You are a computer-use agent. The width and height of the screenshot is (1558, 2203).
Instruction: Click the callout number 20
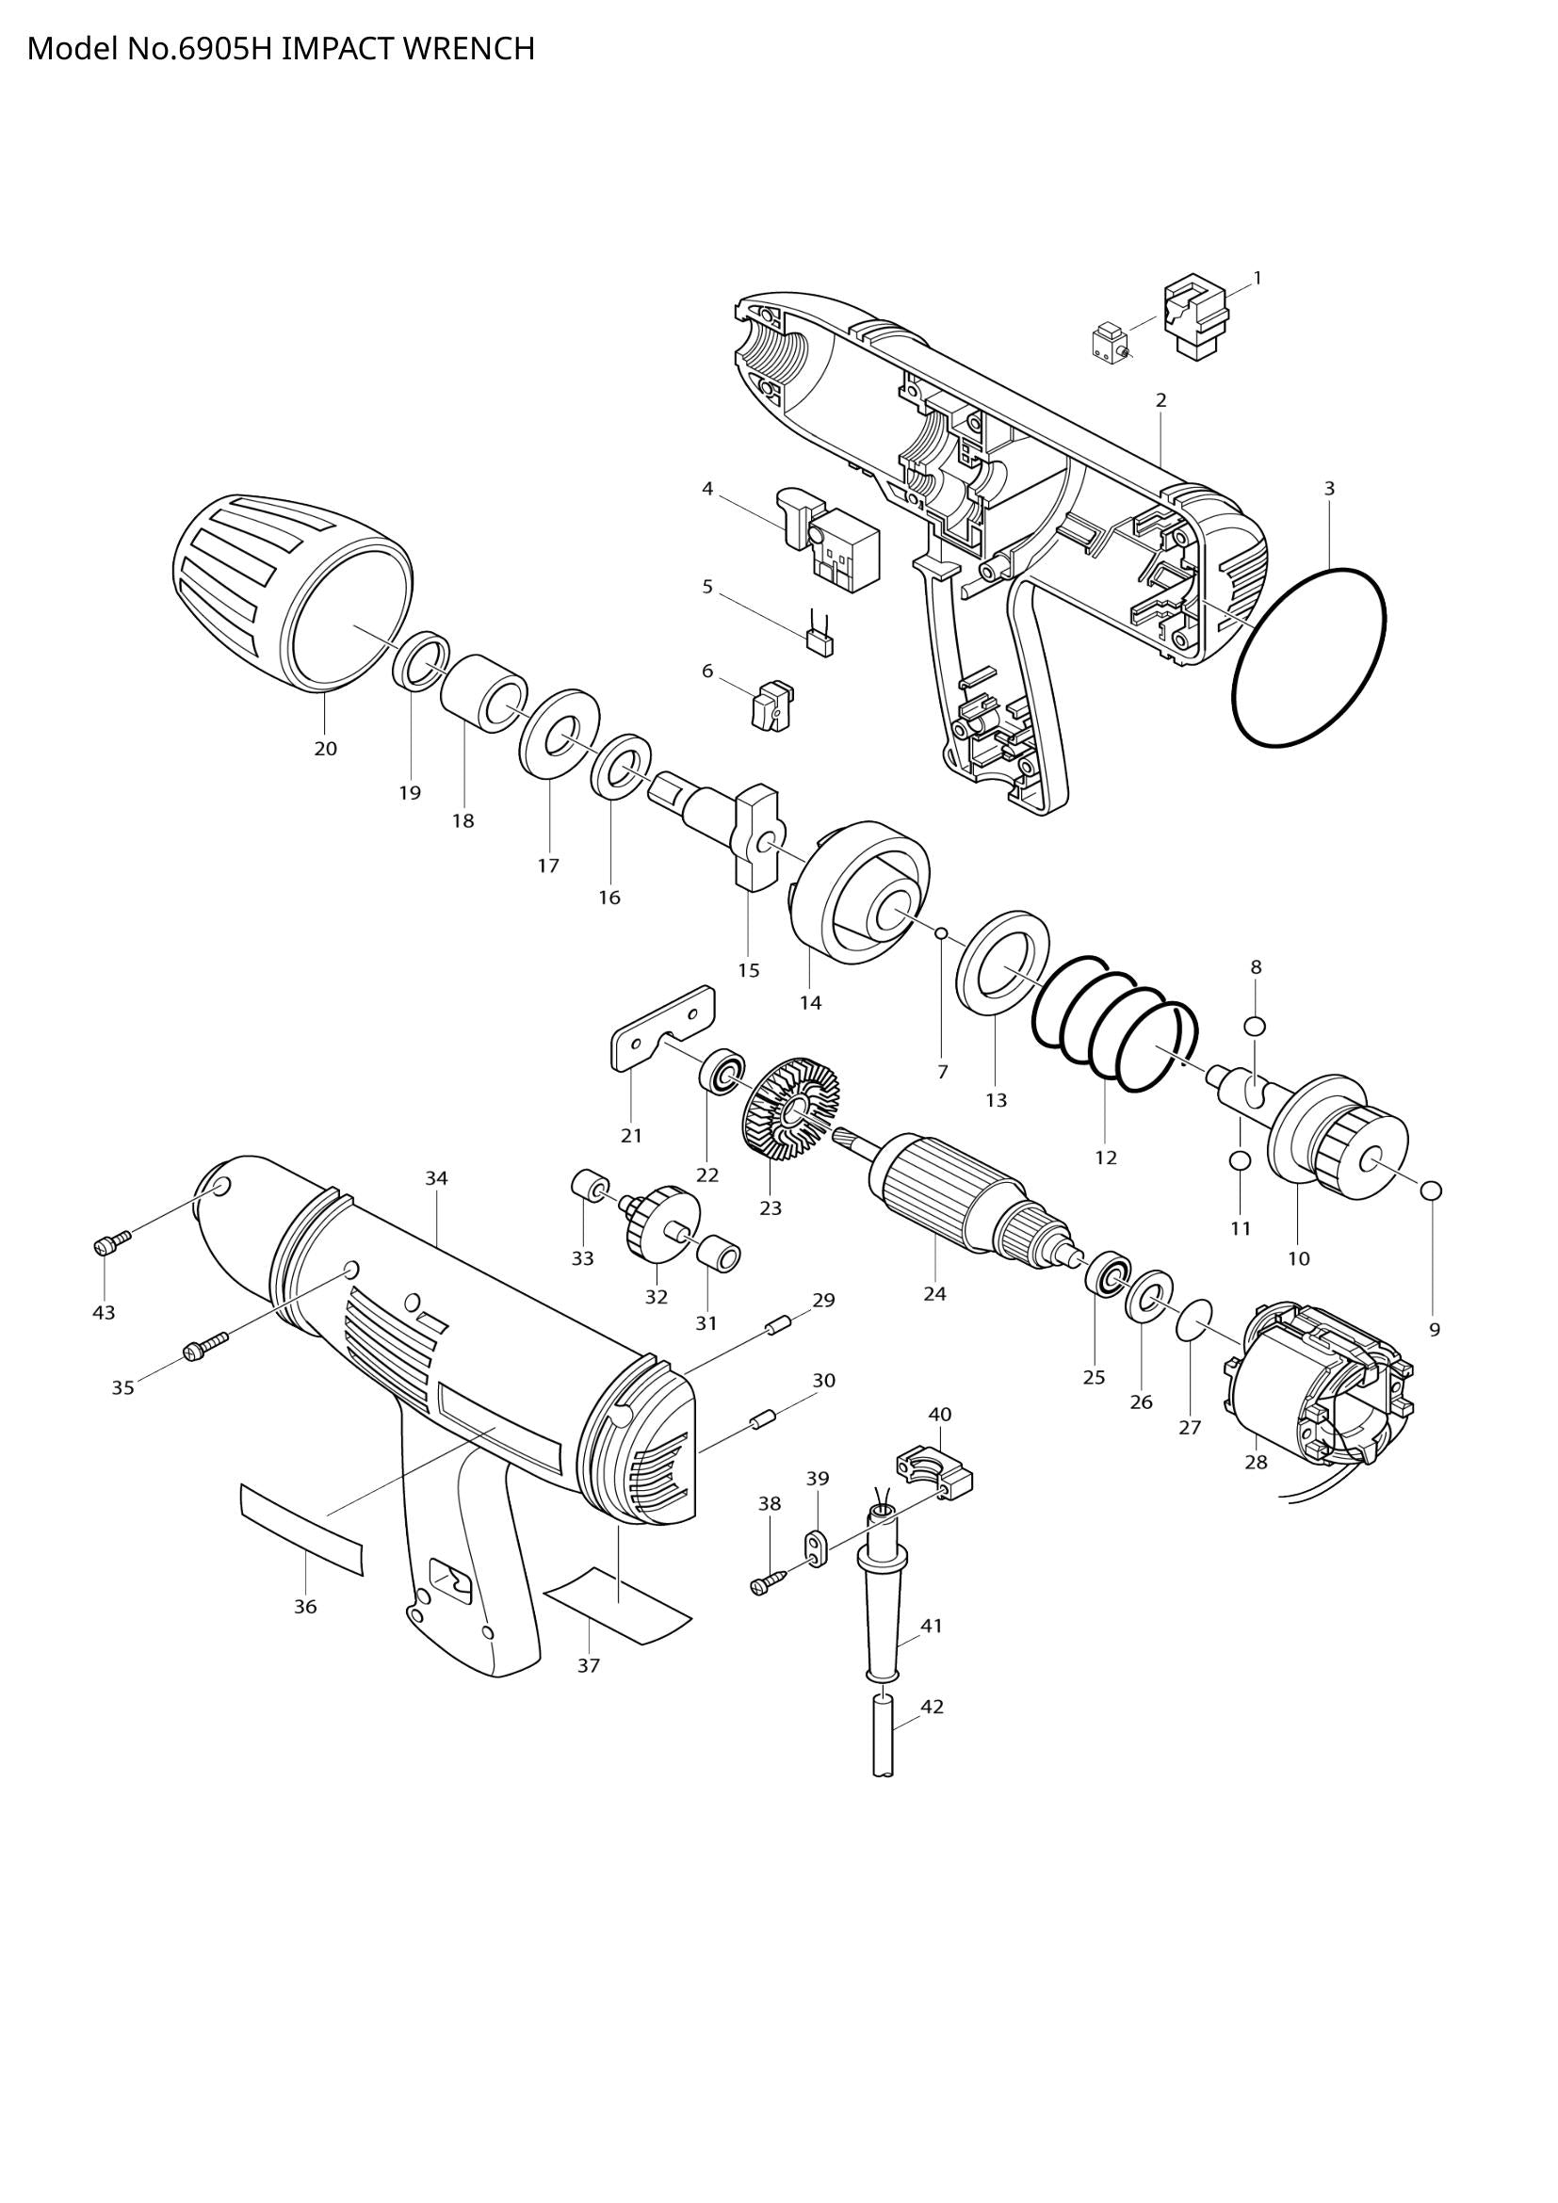point(325,749)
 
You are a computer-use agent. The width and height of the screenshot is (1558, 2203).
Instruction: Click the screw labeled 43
point(109,1244)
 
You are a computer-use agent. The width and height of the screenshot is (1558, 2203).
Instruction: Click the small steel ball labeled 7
point(942,932)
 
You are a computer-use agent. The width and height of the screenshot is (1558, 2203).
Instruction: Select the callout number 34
point(436,1178)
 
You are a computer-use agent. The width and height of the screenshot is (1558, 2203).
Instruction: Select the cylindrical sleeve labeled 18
point(483,694)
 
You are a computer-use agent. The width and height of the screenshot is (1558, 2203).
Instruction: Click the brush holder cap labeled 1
point(1195,318)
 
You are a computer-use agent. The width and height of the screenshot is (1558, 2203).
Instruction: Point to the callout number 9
point(1435,1330)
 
